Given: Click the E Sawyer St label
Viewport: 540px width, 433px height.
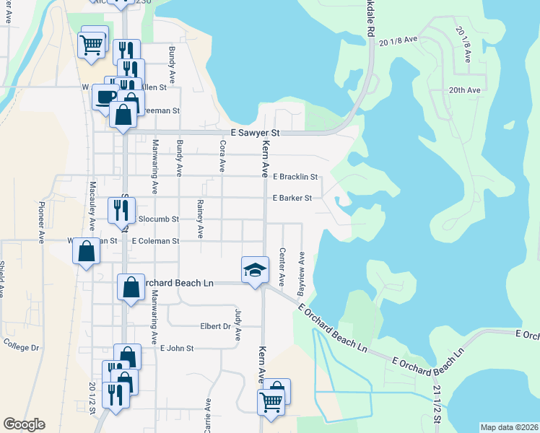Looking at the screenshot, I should pyautogui.click(x=254, y=133).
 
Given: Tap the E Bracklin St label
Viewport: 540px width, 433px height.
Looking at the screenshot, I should pyautogui.click(x=295, y=177).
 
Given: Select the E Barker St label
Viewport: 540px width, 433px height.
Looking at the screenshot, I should pyautogui.click(x=292, y=198).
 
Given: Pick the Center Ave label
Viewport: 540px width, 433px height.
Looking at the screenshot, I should pyautogui.click(x=282, y=266).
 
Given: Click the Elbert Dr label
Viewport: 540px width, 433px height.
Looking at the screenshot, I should pyautogui.click(x=215, y=326).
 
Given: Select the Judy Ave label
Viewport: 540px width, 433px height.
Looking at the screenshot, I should pyautogui.click(x=237, y=324).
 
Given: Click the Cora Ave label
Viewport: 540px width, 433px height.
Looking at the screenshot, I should pyautogui.click(x=222, y=157).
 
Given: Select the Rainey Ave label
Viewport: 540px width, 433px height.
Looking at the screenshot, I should pyautogui.click(x=200, y=220).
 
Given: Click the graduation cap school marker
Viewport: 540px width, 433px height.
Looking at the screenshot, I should pyautogui.click(x=254, y=271).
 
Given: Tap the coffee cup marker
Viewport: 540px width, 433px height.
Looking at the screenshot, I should pyautogui.click(x=105, y=95).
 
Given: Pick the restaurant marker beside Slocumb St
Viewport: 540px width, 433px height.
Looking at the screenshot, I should pyautogui.click(x=121, y=209).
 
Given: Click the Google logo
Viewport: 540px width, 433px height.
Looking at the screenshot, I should pyautogui.click(x=24, y=424).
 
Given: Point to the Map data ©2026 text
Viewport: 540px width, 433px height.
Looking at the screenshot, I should pyautogui.click(x=508, y=427).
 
